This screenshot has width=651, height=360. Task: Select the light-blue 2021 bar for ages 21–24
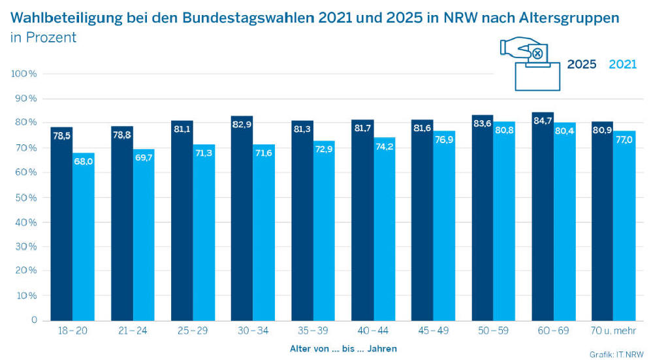tap(144, 235)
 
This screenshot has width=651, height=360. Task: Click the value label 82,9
tap(242, 123)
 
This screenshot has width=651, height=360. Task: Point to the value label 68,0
tap(84, 161)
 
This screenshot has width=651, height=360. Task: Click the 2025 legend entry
tap(581, 65)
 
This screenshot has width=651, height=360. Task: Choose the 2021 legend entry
tap(622, 65)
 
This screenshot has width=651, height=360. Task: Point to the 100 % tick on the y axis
tap(25, 74)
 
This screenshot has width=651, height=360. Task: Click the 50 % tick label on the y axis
tap(25, 197)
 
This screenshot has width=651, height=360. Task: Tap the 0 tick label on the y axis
tap(34, 320)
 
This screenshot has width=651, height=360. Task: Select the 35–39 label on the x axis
tap(313, 332)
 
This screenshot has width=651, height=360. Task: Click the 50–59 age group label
tap(493, 332)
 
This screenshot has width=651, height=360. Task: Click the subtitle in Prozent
tap(43, 38)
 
